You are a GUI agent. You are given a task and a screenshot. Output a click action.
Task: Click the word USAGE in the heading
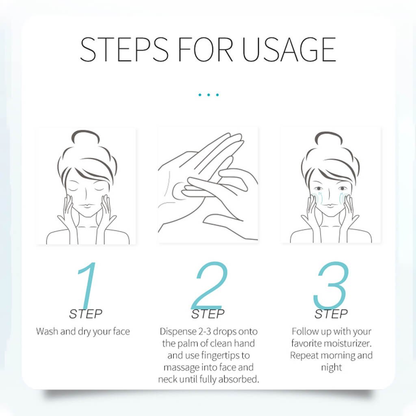289,49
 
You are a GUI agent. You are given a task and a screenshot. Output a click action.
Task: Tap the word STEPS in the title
124,49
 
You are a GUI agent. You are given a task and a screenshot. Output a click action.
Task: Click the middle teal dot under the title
208,95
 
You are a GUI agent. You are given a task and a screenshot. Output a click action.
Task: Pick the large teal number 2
210,285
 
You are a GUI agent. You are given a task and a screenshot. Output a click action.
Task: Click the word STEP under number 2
208,314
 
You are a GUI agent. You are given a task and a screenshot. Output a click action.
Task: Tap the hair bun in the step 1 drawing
85,136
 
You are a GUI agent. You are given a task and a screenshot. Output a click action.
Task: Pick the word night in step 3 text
331,367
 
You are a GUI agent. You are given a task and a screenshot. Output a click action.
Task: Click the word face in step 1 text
121,331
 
